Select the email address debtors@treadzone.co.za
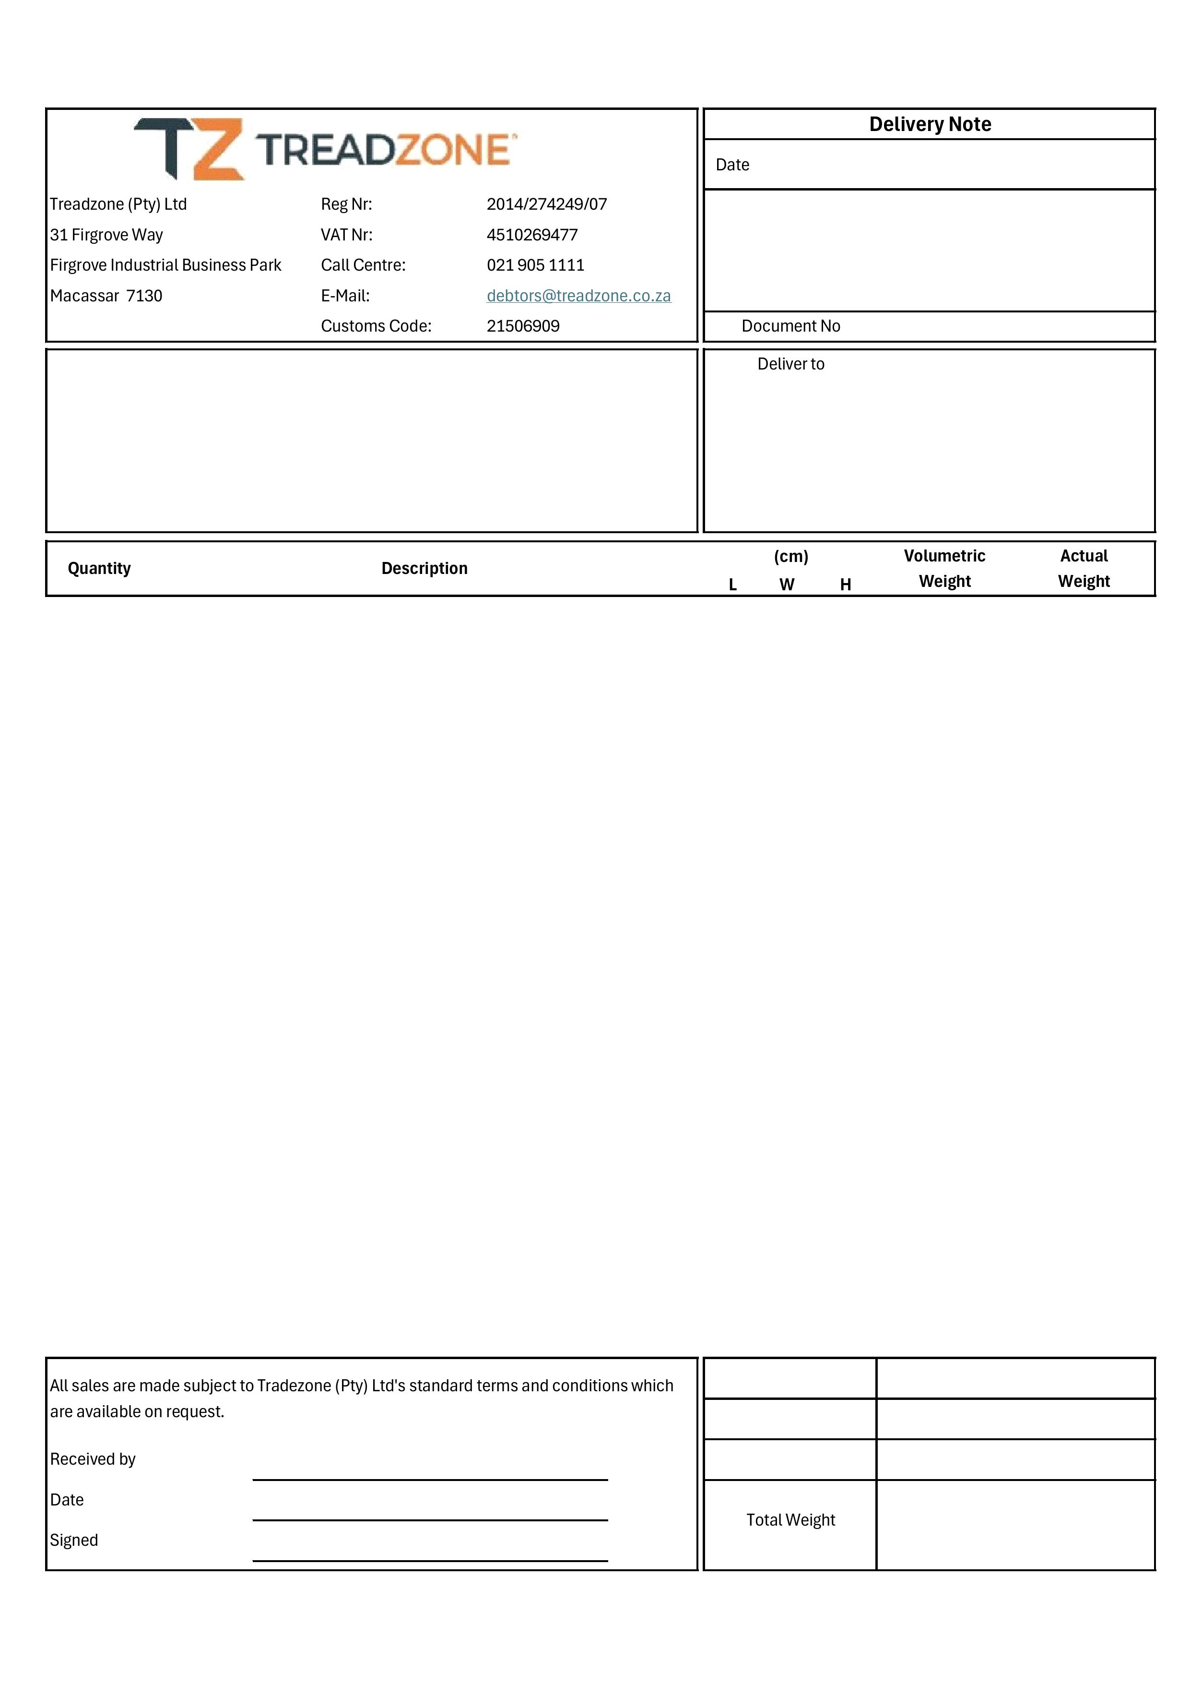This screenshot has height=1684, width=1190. click(x=578, y=296)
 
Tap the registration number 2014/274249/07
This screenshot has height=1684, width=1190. click(x=546, y=204)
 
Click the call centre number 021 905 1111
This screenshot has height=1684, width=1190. click(x=535, y=265)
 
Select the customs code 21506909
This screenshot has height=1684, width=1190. click(x=523, y=326)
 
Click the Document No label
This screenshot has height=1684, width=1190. click(x=790, y=326)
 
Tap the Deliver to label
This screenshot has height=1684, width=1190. click(x=790, y=364)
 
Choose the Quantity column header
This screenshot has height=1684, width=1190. click(x=99, y=568)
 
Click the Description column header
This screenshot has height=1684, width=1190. click(x=424, y=568)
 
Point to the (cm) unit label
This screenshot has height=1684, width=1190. click(x=790, y=556)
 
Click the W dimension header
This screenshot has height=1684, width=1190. click(x=786, y=585)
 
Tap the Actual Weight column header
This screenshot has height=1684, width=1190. click(x=1083, y=568)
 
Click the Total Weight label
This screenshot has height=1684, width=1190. click(x=790, y=1520)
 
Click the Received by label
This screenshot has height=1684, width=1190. click(x=93, y=1459)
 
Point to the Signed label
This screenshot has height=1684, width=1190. click(x=73, y=1540)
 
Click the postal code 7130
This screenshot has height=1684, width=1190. click(x=144, y=296)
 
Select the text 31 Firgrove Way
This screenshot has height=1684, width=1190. click(x=106, y=235)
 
